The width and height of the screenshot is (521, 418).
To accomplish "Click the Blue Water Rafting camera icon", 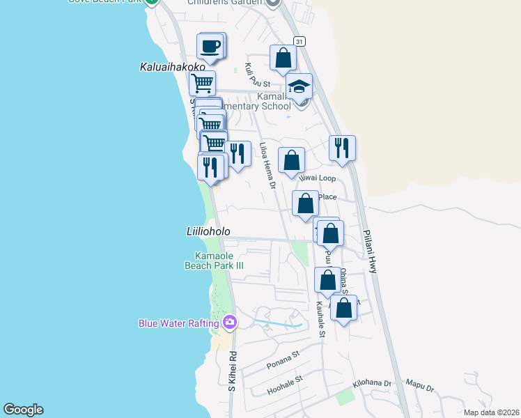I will click(x=230, y=323).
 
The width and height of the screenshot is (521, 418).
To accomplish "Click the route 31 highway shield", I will click(x=300, y=42).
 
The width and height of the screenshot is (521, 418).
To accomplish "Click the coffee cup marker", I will click(x=210, y=47).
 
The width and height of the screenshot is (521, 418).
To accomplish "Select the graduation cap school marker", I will click(x=300, y=87).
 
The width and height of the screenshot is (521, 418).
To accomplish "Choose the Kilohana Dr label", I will click(x=373, y=383).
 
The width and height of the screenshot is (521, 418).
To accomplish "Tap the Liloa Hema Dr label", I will click(x=267, y=166).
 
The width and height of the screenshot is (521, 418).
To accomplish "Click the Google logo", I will click(x=23, y=410).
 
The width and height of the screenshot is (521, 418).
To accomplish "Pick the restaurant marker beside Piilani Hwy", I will click(x=342, y=148).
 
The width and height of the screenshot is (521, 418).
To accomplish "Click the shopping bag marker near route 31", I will click(x=283, y=59).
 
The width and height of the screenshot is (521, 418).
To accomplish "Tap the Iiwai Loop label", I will click(x=318, y=178).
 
